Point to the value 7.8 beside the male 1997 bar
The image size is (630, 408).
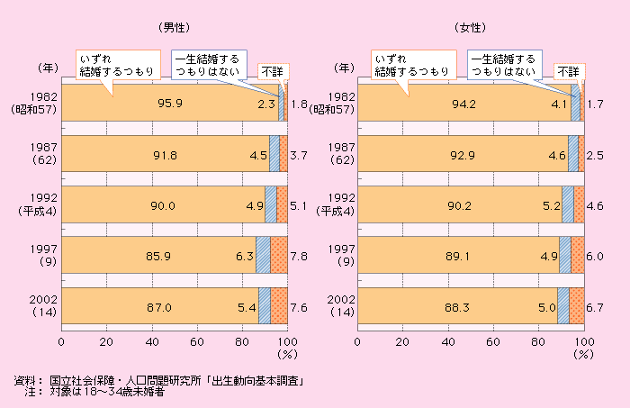[301, 256]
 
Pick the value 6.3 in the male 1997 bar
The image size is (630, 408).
[245, 256]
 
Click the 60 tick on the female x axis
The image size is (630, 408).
[493, 341]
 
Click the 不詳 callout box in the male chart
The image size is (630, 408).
[271, 70]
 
